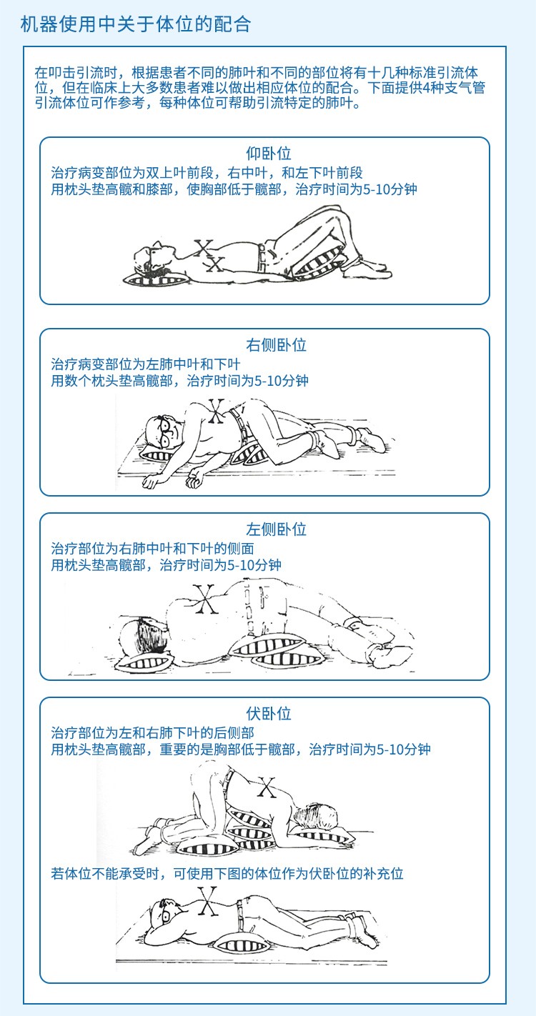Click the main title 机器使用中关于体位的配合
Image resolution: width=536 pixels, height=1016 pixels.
(x=136, y=24)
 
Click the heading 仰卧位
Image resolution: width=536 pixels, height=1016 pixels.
(x=268, y=154)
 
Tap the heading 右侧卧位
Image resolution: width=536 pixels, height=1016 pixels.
(x=276, y=345)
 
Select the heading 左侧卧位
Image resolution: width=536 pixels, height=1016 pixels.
(x=276, y=529)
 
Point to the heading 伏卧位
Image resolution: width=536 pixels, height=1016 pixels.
(x=268, y=714)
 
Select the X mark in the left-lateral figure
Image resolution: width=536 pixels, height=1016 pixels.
(x=204, y=599)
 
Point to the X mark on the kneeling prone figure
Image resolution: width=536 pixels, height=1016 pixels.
(x=266, y=787)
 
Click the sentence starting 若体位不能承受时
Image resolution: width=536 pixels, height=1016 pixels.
(x=227, y=873)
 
